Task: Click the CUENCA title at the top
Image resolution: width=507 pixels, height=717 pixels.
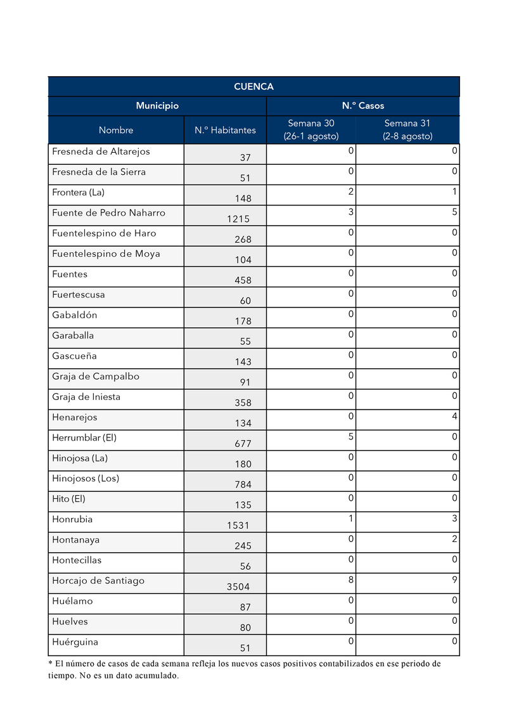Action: (x=253, y=87)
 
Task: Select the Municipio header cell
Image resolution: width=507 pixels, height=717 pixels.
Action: (x=157, y=106)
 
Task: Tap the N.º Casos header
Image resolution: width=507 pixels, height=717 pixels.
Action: (x=363, y=106)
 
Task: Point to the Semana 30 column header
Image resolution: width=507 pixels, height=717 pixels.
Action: (x=311, y=130)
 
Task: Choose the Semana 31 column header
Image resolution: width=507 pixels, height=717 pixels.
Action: (x=408, y=130)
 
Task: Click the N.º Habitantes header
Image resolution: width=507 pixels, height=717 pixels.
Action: (x=225, y=130)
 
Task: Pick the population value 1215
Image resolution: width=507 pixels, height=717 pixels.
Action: (x=238, y=219)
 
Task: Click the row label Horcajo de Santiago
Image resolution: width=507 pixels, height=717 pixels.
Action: (x=98, y=581)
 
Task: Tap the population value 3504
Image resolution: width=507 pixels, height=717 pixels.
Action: (x=238, y=587)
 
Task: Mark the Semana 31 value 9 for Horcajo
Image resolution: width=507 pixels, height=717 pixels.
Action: (x=454, y=579)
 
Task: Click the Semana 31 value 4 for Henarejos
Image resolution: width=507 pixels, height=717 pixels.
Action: (x=454, y=417)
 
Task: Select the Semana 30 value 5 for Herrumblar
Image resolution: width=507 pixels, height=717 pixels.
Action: (x=350, y=437)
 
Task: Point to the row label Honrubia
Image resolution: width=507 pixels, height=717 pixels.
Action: (x=72, y=519)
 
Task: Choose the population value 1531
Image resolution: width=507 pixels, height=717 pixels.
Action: (x=238, y=526)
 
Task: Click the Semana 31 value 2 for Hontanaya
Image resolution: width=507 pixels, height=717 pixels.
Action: (x=454, y=539)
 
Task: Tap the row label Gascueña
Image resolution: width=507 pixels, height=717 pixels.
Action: (x=74, y=356)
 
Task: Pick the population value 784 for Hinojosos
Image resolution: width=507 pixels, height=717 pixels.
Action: (x=243, y=485)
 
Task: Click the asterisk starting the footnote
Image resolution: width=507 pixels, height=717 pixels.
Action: (x=51, y=664)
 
